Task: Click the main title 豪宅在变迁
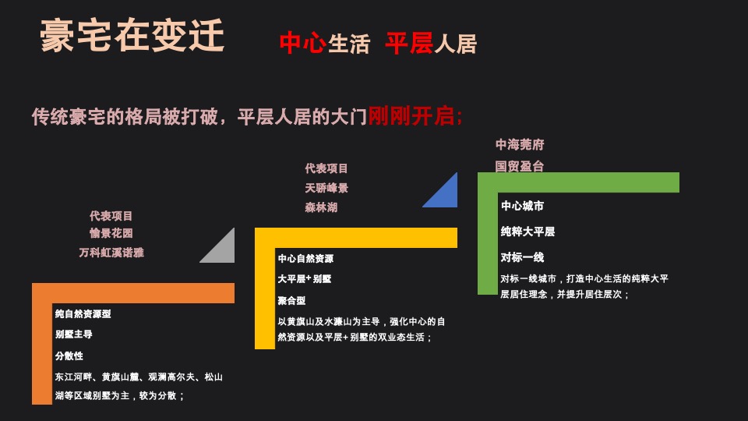tap(132, 37)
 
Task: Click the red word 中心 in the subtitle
tap(302, 43)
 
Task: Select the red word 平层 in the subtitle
tap(408, 44)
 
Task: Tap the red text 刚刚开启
tap(415, 117)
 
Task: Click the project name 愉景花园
tap(111, 233)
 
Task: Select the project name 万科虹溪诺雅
tap(111, 253)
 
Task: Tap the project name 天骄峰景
tap(326, 188)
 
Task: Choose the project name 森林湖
tap(321, 207)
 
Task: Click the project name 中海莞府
tap(520, 145)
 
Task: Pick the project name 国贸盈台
tap(520, 166)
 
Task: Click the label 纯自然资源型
tap(83, 313)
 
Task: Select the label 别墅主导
tap(73, 334)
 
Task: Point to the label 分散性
tap(69, 356)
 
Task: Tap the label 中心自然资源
tap(305, 259)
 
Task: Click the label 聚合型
tap(291, 300)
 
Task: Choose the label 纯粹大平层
tap(527, 232)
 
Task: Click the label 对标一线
tap(522, 257)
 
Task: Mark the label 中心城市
tap(522, 206)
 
